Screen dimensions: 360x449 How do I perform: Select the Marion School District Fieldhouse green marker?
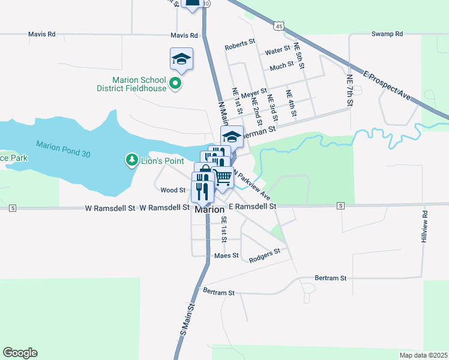point(175,83)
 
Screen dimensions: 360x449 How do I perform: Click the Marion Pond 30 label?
point(63,149)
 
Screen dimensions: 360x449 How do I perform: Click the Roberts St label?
point(240,46)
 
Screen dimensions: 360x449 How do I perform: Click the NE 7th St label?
point(349,87)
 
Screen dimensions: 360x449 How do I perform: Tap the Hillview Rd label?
point(424,226)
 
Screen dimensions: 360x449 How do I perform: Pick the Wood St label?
point(173,190)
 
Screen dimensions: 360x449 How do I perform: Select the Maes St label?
point(226,256)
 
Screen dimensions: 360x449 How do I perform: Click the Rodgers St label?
point(265,253)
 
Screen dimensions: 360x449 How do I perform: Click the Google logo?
point(20,353)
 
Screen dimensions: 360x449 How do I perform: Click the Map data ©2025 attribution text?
point(423,355)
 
